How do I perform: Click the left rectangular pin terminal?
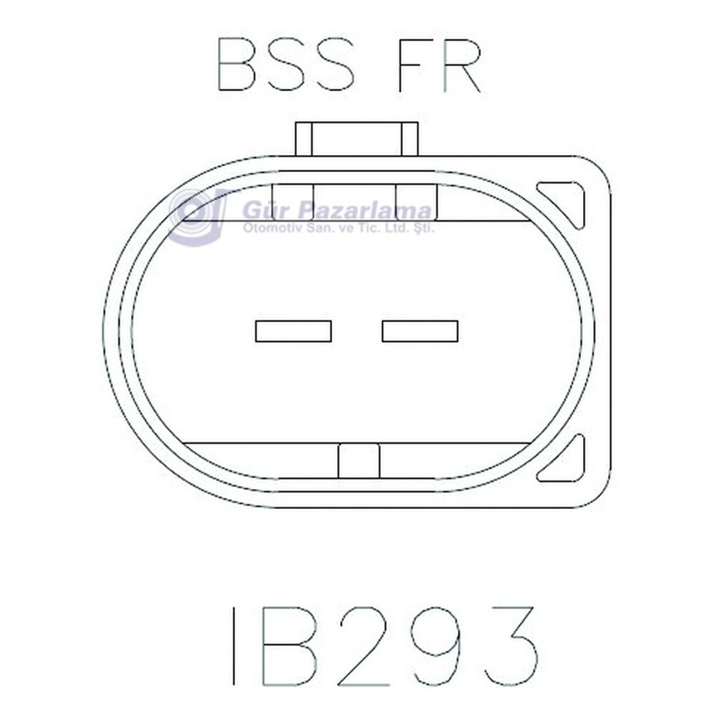click(293, 331)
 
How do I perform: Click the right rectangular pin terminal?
click(419, 331)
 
